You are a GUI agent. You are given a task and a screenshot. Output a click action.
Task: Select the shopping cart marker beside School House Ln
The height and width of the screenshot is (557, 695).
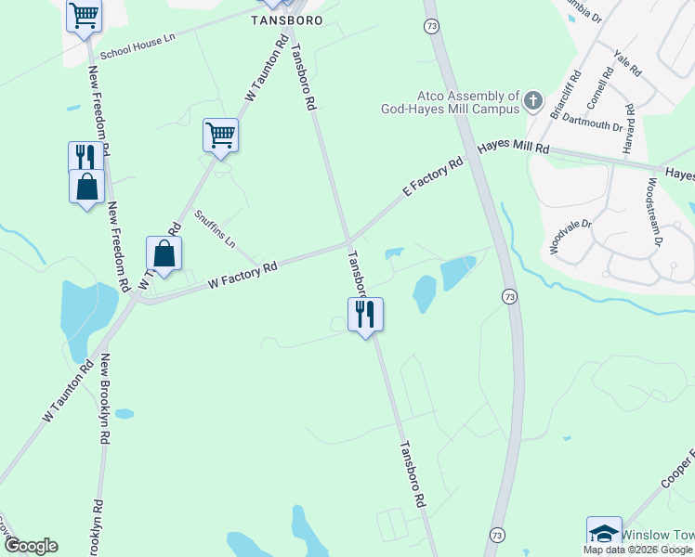click(85, 16)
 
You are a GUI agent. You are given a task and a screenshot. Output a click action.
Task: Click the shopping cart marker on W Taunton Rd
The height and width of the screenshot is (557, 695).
click(220, 136)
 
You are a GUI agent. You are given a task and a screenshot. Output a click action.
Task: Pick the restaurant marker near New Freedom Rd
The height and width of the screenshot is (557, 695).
click(85, 155)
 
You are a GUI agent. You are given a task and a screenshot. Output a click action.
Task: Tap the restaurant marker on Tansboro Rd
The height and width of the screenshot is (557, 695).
click(365, 314)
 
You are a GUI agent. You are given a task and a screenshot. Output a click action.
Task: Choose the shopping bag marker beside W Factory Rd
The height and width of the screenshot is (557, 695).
click(164, 253)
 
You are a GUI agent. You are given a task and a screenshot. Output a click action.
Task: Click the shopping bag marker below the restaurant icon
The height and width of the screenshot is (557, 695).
click(86, 187)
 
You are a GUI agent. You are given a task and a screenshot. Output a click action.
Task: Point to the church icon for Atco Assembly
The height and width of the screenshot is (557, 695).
click(533, 99)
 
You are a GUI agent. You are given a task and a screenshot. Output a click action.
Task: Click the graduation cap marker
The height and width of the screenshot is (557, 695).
click(605, 533)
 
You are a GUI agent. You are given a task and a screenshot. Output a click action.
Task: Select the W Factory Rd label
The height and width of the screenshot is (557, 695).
click(243, 273)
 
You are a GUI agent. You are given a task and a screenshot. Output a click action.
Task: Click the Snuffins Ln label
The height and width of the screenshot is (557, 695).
click(215, 228)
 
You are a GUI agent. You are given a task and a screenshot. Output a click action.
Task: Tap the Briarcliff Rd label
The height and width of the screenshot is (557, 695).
click(568, 97)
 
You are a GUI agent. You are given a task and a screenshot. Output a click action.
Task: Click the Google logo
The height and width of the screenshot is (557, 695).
click(31, 546)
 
